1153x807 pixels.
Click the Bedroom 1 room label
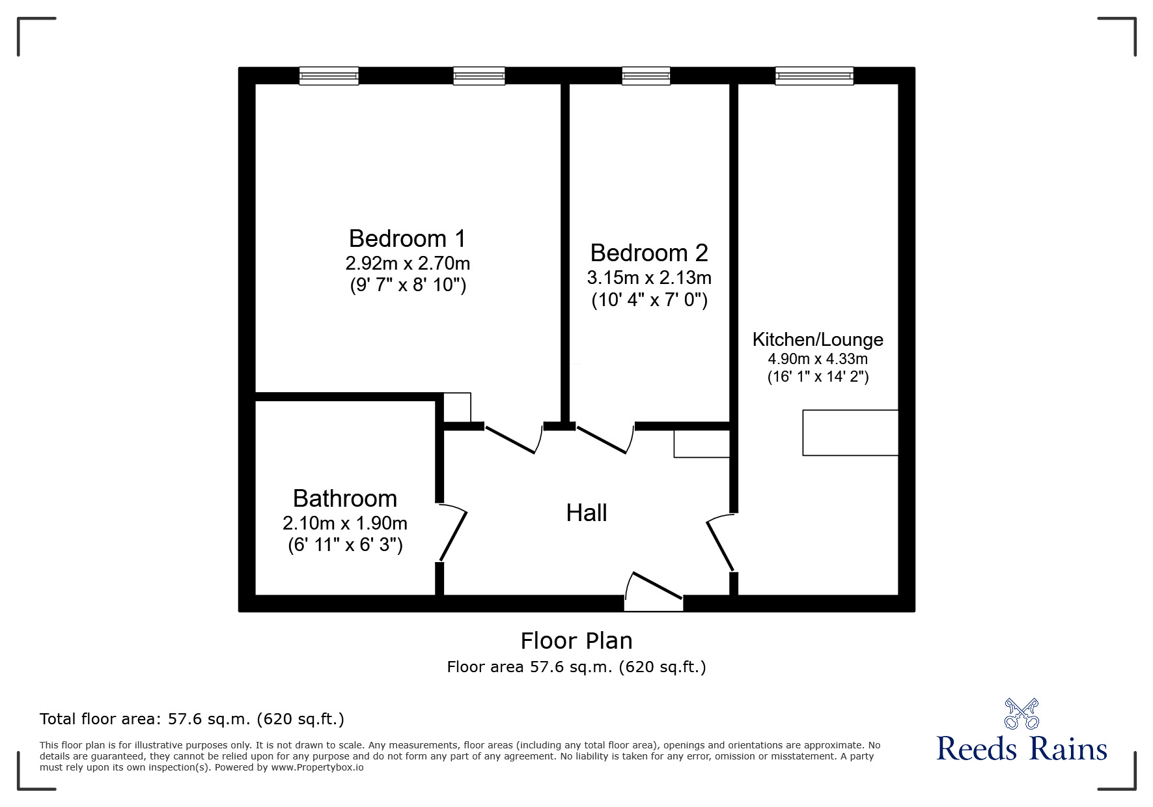(408, 238)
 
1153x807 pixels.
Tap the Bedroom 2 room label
(648, 253)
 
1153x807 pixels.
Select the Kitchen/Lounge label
(818, 339)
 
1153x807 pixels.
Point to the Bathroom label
(345, 498)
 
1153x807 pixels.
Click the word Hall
(587, 513)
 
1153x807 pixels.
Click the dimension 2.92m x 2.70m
(408, 264)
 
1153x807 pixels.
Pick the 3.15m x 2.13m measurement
(649, 278)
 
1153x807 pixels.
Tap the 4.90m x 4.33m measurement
(818, 359)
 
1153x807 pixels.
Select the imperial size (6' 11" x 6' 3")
(345, 545)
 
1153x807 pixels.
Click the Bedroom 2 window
(646, 76)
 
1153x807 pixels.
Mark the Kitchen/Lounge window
(814, 76)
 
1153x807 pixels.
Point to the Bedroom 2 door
(603, 439)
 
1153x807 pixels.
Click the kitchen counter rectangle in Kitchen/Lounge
(850, 432)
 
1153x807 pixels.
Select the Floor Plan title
(576, 641)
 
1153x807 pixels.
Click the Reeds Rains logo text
(1021, 748)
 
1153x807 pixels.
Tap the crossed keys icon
(1021, 713)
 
